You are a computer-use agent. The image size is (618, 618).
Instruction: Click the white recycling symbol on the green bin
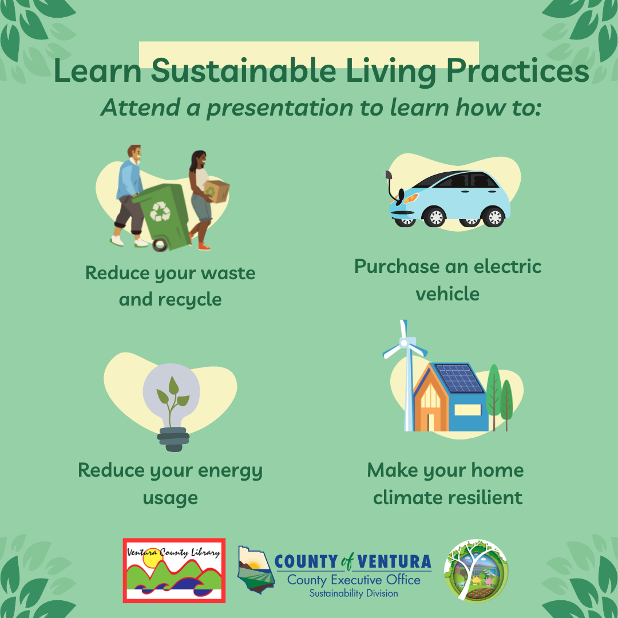pyautogui.click(x=160, y=211)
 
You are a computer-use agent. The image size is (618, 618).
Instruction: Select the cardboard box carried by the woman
pyautogui.click(x=217, y=191)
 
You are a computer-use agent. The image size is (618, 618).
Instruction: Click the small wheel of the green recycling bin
pyautogui.click(x=161, y=244)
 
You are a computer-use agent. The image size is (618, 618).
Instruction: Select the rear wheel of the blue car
pyautogui.click(x=494, y=217)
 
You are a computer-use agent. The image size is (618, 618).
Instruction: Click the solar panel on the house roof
pyautogui.click(x=458, y=378)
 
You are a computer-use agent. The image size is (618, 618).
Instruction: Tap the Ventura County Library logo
pyautogui.click(x=174, y=570)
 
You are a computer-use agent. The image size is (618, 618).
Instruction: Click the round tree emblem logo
pyautogui.click(x=476, y=571)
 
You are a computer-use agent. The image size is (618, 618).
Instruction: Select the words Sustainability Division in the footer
pyautogui.click(x=354, y=593)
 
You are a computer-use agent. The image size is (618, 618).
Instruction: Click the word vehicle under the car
pyautogui.click(x=447, y=294)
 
